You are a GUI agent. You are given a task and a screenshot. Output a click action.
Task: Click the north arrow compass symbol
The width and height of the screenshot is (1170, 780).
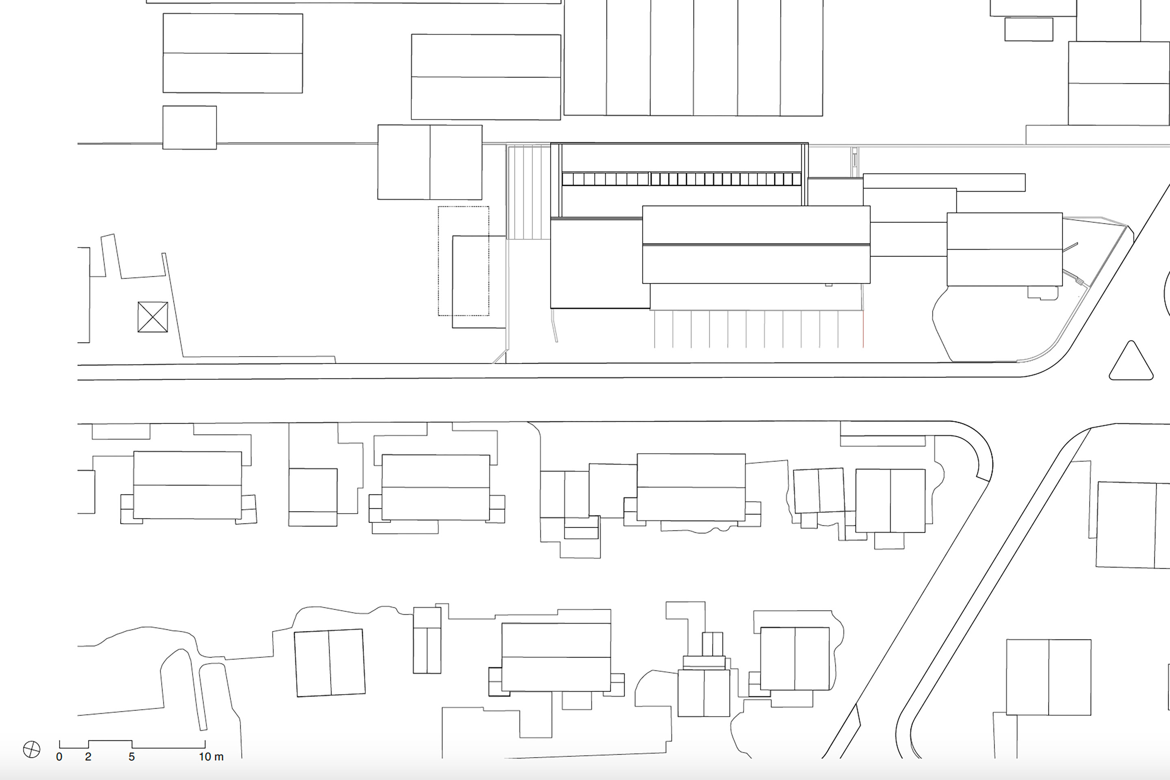point(31,749)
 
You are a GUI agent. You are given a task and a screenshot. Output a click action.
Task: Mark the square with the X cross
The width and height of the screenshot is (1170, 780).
point(153,317)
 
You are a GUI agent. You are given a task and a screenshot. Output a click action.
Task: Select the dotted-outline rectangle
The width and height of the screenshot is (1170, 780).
point(463,261)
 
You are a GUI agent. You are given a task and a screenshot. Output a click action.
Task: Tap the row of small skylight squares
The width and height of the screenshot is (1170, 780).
point(682,179)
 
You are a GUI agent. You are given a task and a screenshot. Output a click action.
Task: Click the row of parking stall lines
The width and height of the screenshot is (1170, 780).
point(758,329)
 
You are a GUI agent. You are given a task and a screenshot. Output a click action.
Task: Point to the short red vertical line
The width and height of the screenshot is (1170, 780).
point(863,329)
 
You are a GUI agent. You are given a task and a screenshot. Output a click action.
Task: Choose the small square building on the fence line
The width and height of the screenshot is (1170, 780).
point(190,127)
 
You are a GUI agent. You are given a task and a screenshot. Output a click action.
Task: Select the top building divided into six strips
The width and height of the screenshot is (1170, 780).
point(693,58)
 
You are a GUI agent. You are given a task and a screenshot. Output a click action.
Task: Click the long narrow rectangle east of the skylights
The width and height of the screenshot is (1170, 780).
point(944,182)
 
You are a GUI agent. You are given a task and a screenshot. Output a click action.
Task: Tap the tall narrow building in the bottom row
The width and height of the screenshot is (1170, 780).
point(427,640)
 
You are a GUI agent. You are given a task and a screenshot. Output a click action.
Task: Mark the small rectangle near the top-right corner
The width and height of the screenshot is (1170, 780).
point(1029,29)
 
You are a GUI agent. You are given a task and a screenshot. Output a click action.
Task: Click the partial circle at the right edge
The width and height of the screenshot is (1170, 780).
point(1166,293)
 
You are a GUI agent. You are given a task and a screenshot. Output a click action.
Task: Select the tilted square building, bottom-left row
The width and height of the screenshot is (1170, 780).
point(330,663)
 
